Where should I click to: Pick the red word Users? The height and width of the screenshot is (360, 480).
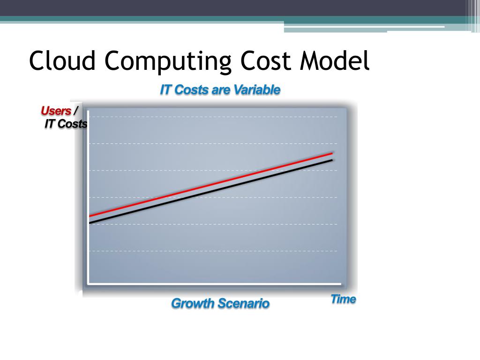pos(56,111)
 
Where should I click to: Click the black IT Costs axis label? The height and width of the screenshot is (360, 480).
pos(66,124)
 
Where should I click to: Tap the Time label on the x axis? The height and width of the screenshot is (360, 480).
pos(343,299)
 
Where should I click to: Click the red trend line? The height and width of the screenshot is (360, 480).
pos(211,184)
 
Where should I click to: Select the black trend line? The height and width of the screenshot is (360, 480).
pos(211,191)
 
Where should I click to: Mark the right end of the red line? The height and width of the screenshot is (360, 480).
pos(331,153)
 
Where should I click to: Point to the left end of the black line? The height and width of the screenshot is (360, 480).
pos(90,223)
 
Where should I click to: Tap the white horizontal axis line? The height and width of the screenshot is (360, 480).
pos(213,283)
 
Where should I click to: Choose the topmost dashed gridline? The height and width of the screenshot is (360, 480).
pos(211,117)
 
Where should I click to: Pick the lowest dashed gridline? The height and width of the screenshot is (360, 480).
pos(211,251)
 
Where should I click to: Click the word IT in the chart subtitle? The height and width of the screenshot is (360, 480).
pos(165,90)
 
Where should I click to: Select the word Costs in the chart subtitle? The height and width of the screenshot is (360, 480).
pos(192,90)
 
